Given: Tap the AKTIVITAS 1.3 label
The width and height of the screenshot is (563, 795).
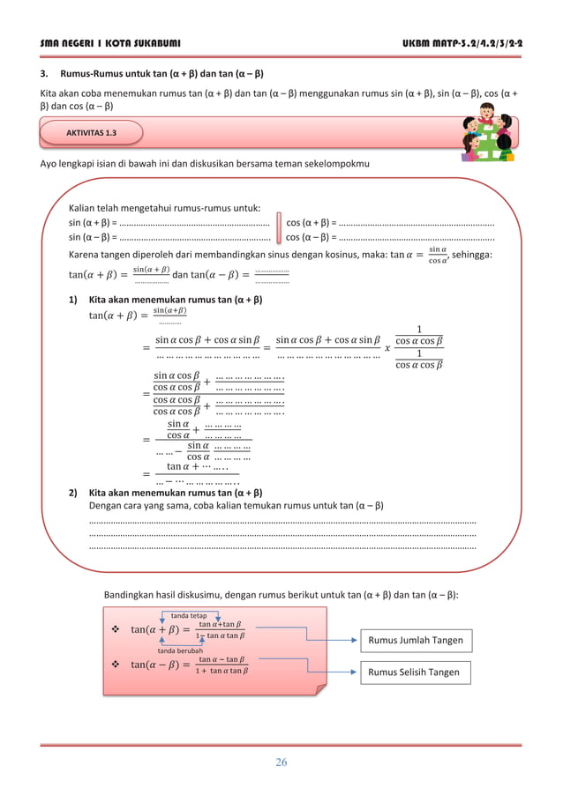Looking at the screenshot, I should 92,134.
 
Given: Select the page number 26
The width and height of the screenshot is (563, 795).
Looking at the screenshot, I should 281,762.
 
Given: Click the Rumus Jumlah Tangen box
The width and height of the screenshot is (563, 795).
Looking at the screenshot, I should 414,640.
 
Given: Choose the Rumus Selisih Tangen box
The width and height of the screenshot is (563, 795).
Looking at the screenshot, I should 414,672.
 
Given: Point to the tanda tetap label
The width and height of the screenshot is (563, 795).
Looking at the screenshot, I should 188,615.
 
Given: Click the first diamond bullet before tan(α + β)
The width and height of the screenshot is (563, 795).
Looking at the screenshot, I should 115,629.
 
